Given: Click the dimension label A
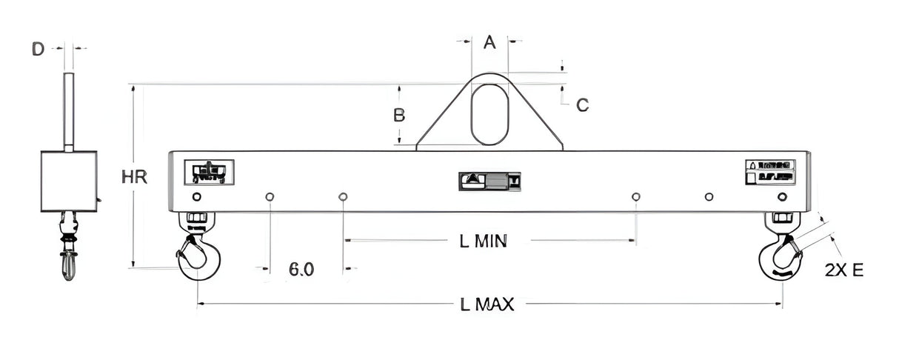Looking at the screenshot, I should click(x=489, y=42).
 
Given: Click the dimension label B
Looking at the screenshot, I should click(x=399, y=116).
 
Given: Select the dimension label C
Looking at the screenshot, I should click(x=582, y=105).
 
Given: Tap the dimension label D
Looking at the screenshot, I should click(x=38, y=50).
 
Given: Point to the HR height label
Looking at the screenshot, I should click(x=135, y=178).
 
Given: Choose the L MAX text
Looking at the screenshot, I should click(x=486, y=304).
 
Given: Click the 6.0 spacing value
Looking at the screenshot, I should click(x=301, y=270).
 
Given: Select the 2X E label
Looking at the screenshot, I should click(x=843, y=270).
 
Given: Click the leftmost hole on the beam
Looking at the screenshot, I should click(x=196, y=196).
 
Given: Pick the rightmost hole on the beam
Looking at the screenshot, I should click(x=782, y=196).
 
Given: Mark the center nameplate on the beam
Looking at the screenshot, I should click(x=490, y=180).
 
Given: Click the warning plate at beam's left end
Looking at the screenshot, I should click(x=210, y=172).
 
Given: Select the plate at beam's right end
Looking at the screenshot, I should click(x=769, y=171).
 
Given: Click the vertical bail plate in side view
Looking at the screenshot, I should click(x=69, y=111).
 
